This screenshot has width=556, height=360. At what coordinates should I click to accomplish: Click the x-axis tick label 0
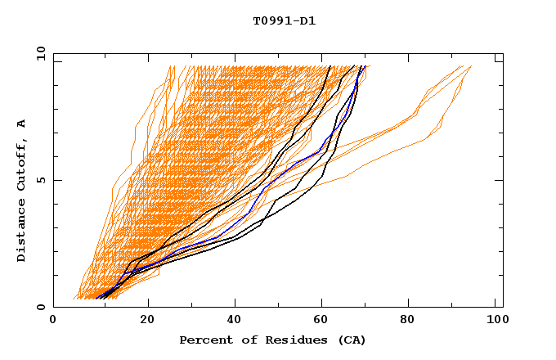pos(53,321)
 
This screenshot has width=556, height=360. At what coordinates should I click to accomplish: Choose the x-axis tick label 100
pos(496,321)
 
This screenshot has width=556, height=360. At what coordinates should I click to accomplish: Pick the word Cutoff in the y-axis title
pos(22,164)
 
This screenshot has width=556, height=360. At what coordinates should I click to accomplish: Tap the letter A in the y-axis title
pos(22,123)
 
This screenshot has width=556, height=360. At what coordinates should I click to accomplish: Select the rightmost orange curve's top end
pos(472,66)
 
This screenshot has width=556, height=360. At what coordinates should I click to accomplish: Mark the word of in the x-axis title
pos(245,340)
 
